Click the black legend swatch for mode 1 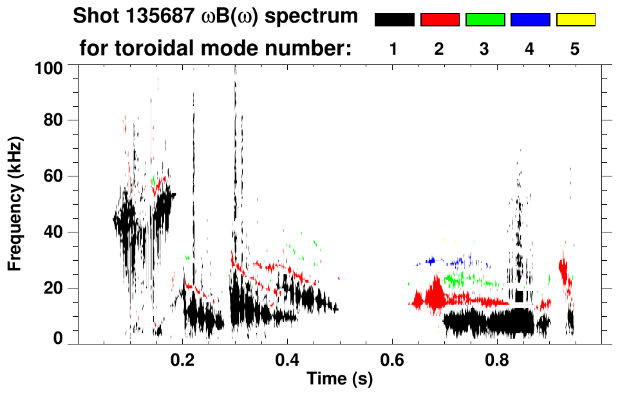click(394, 20)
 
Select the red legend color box click(440, 20)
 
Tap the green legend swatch click(485, 20)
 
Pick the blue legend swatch click(530, 20)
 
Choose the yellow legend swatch click(575, 20)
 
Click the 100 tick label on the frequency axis click(48, 67)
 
